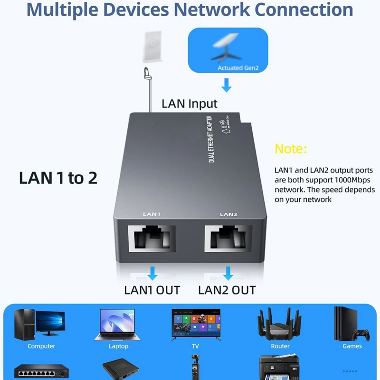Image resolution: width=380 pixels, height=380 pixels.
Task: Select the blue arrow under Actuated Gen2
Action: point(227,85)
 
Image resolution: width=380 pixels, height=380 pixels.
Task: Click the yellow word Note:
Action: point(291,149)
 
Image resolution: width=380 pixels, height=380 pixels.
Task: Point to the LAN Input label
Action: point(190,104)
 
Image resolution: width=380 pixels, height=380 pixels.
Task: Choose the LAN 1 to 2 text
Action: point(58,178)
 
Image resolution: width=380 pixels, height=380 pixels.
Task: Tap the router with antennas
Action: point(280,323)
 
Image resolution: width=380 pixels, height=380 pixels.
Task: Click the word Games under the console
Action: point(352,346)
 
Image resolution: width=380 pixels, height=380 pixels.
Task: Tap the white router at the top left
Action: point(152,46)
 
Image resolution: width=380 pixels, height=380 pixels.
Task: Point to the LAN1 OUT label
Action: point(152,290)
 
